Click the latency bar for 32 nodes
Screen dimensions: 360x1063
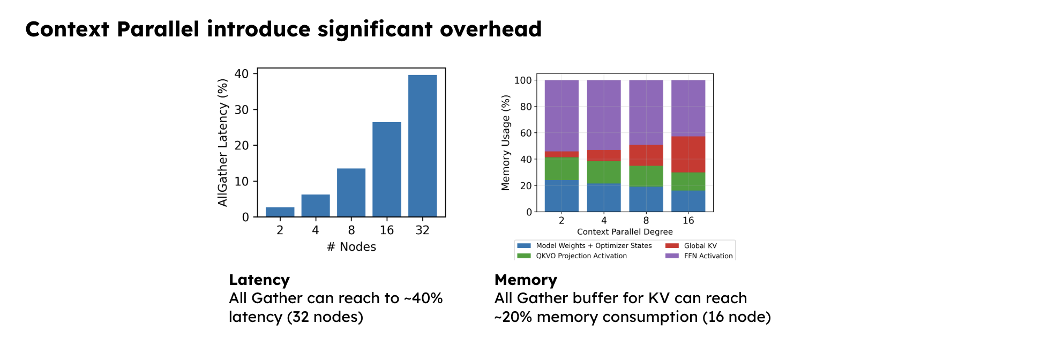[x=422, y=146]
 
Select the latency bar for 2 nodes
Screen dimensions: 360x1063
[x=280, y=212]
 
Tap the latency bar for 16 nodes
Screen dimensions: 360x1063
[x=387, y=169]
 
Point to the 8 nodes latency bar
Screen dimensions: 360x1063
[x=351, y=193]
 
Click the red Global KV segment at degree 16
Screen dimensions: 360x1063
[x=688, y=154]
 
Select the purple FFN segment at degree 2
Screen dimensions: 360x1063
[x=562, y=116]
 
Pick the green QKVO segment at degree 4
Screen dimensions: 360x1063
[x=604, y=172]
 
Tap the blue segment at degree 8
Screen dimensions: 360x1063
[x=646, y=199]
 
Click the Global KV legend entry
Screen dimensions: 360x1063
[x=700, y=246]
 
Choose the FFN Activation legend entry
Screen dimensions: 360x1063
[x=708, y=256]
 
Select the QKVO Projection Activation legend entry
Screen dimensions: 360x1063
[x=581, y=256]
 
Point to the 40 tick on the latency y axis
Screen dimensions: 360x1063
[x=242, y=74]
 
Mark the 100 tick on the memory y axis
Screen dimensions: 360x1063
[x=522, y=80]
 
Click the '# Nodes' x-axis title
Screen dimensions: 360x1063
[x=351, y=247]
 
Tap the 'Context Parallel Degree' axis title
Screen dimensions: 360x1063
[x=625, y=232]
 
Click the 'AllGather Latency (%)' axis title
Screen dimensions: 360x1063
[x=223, y=142]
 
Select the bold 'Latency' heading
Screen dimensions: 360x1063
[x=259, y=280]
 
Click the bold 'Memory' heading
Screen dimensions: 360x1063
[x=526, y=280]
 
